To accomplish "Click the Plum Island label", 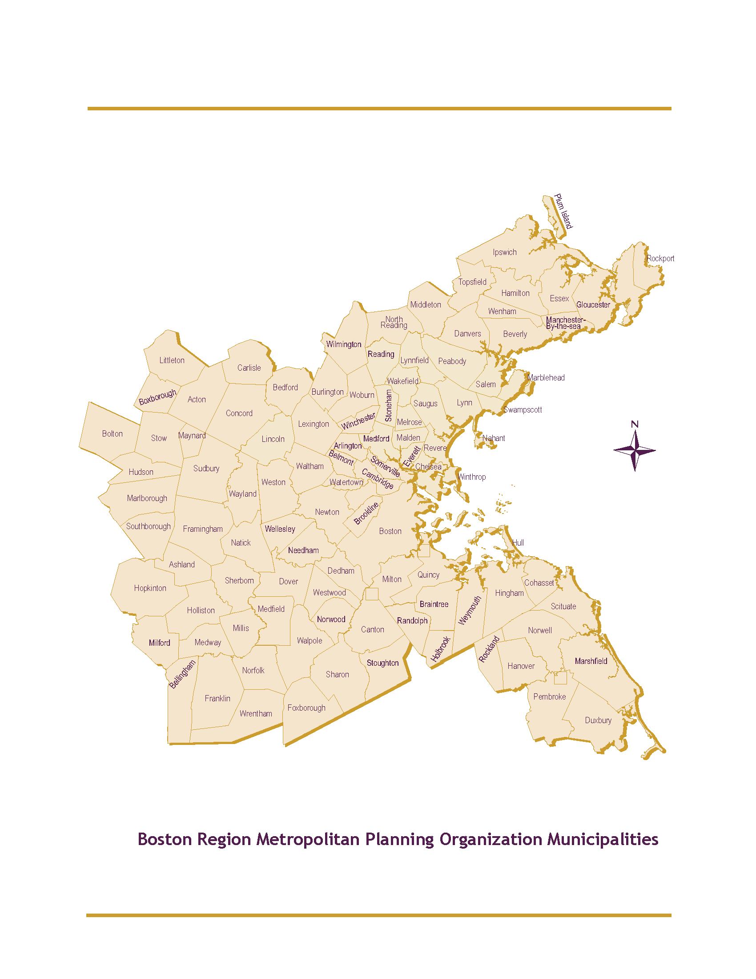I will tap(563, 211).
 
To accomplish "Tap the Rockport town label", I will tap(660, 259).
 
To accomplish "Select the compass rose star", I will tap(635, 450).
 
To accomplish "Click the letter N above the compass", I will tap(635, 424).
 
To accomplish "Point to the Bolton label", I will tap(113, 434).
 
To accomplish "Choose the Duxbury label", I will tap(598, 720).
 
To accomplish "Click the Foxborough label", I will tap(306, 708).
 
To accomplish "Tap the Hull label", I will tap(518, 543).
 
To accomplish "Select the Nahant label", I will tap(494, 438).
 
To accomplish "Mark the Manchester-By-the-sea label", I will tap(565, 323).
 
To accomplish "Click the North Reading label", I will tap(394, 322).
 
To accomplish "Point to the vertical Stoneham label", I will tap(389, 405).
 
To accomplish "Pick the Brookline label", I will tap(366, 513).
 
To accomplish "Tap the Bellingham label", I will tap(182, 674).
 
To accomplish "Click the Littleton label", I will tap(172, 360).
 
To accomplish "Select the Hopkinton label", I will tap(150, 588).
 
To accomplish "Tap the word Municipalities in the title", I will tap(603, 839).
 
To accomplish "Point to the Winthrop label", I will tap(472, 477).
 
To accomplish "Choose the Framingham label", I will tap(203, 529).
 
